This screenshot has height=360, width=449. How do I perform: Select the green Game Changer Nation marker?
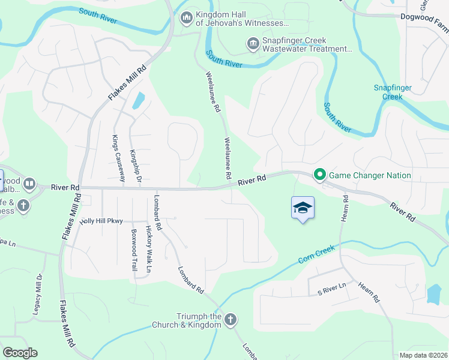(320, 175)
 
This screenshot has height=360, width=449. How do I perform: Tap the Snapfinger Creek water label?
(393, 92)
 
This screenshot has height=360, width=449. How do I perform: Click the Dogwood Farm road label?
(424, 17)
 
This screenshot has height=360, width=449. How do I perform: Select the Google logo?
(20, 353)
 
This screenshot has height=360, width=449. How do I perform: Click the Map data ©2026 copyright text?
(423, 355)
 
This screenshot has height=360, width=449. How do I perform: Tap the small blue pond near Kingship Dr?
(138, 100)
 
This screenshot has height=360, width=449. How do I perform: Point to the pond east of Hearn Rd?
(433, 293)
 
